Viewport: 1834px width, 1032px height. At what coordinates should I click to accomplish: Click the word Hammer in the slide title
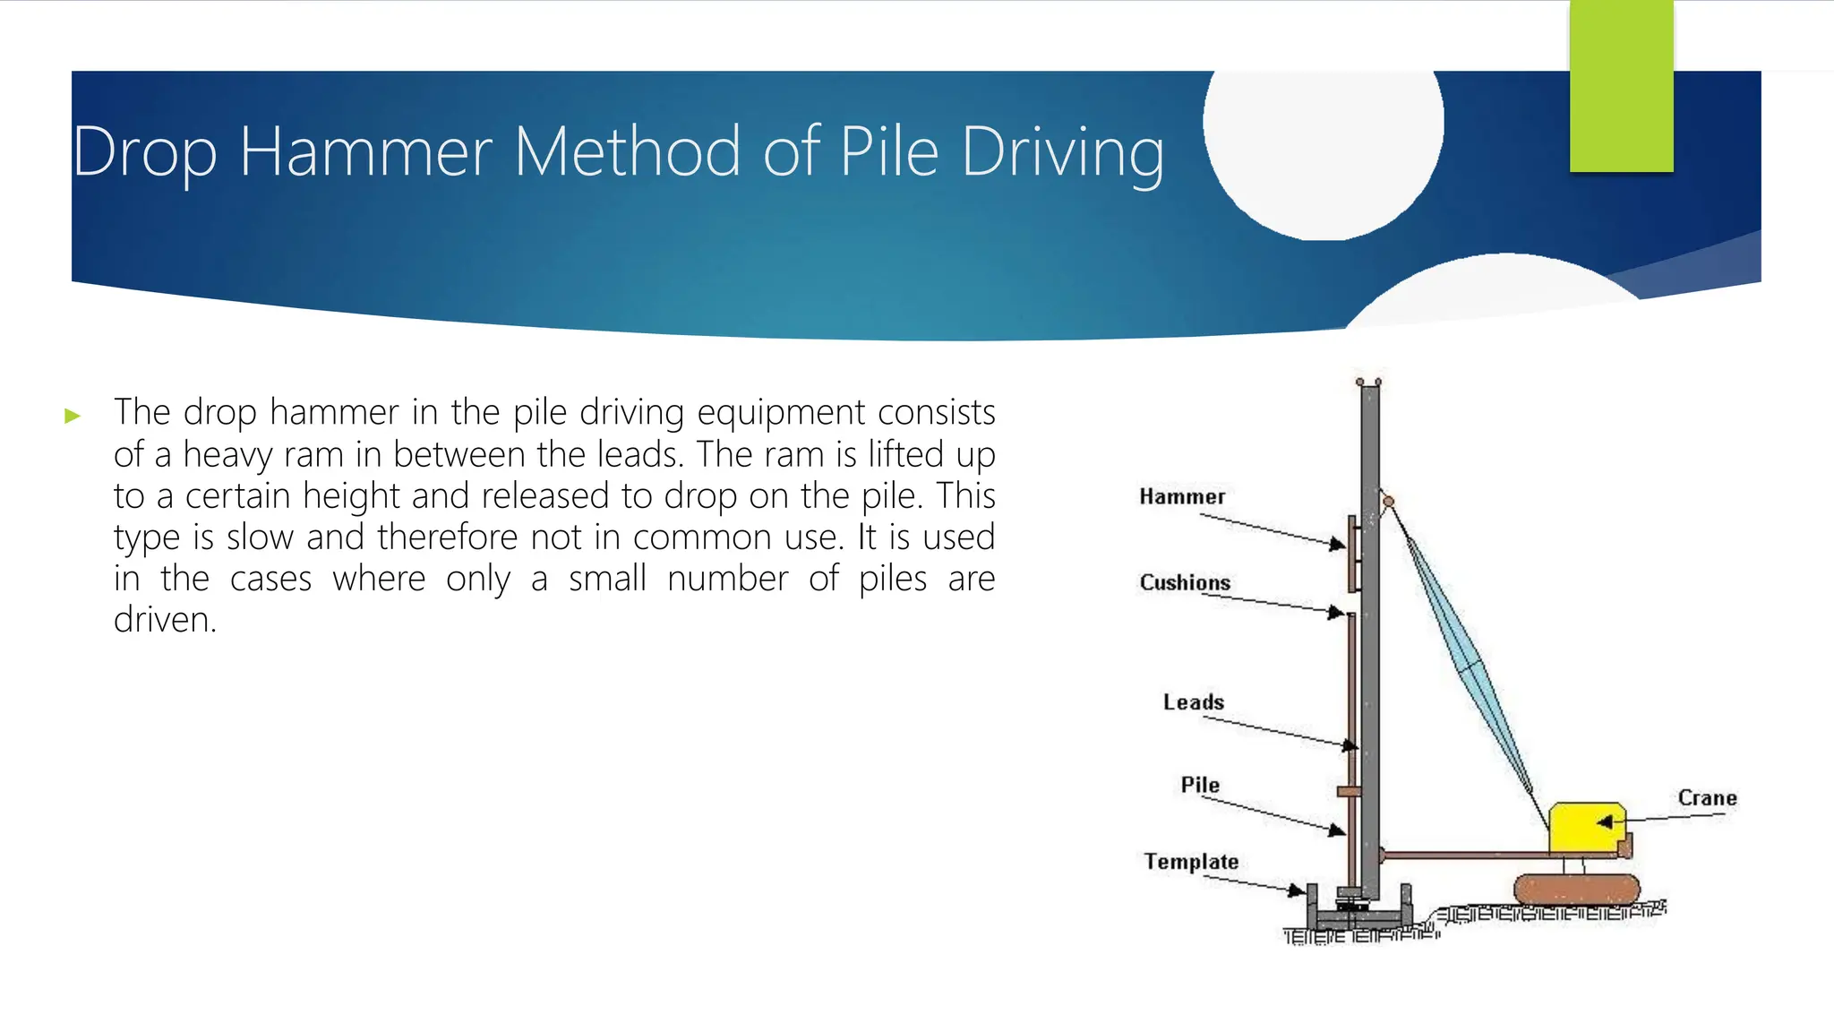coord(365,152)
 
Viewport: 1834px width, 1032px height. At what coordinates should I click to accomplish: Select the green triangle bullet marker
coord(73,416)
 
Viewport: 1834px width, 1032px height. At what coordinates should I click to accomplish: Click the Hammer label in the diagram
coord(1181,497)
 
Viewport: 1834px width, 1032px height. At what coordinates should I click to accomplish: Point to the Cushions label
coord(1184,583)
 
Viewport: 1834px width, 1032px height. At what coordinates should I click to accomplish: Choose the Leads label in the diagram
coord(1193,702)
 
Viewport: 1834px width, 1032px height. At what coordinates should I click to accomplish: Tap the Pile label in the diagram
coord(1199,786)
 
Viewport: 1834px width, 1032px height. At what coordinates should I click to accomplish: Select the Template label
coord(1191,862)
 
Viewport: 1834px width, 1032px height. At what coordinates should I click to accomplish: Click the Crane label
coord(1707,798)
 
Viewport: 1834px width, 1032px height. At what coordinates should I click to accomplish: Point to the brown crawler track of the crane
coord(1576,890)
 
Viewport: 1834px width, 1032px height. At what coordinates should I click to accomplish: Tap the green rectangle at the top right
coord(1621,85)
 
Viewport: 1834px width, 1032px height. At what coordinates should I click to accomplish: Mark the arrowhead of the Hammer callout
coord(1338,544)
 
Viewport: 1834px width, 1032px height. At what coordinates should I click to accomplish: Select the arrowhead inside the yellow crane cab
coord(1606,821)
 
